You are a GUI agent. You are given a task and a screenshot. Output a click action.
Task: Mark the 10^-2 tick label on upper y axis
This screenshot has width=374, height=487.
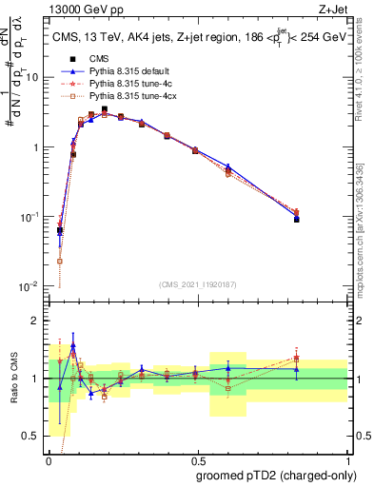tap(30, 287)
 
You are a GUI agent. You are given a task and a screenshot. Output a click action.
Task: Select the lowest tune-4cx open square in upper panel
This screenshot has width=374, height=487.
tap(60, 261)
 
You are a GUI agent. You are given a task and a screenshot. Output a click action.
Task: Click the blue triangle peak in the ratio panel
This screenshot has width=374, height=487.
tap(73, 346)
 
